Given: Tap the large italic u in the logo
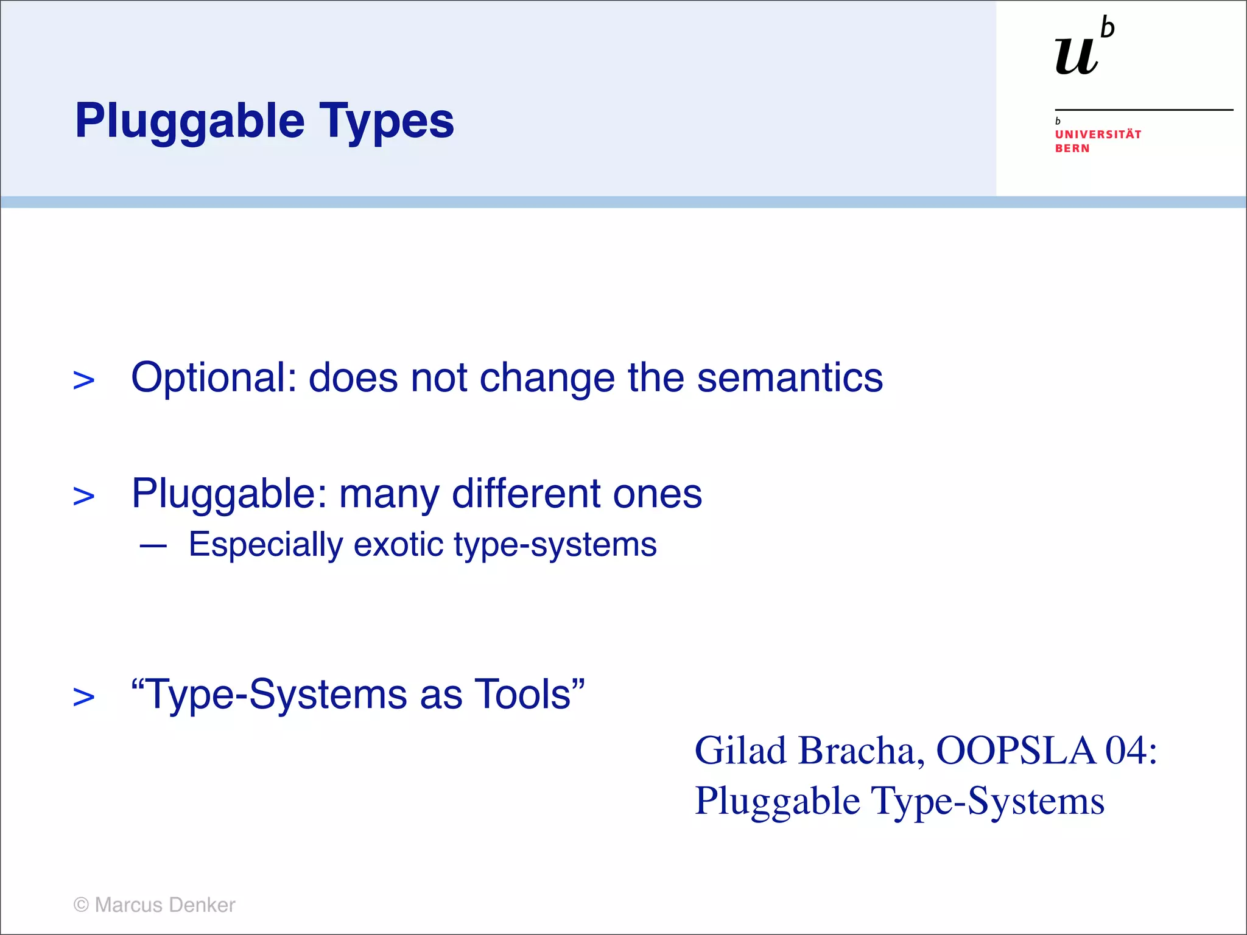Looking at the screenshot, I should pyautogui.click(x=1077, y=56).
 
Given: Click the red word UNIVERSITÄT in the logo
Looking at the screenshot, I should pyautogui.click(x=1098, y=135).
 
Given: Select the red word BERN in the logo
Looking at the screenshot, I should pyautogui.click(x=1072, y=149).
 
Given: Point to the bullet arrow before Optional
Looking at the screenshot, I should pyautogui.click(x=83, y=380).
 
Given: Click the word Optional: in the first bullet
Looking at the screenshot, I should pyautogui.click(x=214, y=379).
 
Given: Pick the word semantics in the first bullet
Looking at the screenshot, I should pyautogui.click(x=790, y=377).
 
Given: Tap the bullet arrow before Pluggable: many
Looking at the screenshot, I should pyautogui.click(x=83, y=496).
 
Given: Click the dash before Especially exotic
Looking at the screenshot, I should pyautogui.click(x=153, y=546).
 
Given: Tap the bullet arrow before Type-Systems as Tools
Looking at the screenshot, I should pyautogui.click(x=83, y=697).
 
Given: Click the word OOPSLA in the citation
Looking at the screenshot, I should pyautogui.click(x=1016, y=751).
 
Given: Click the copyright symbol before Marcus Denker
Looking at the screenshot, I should pyautogui.click(x=81, y=905).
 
